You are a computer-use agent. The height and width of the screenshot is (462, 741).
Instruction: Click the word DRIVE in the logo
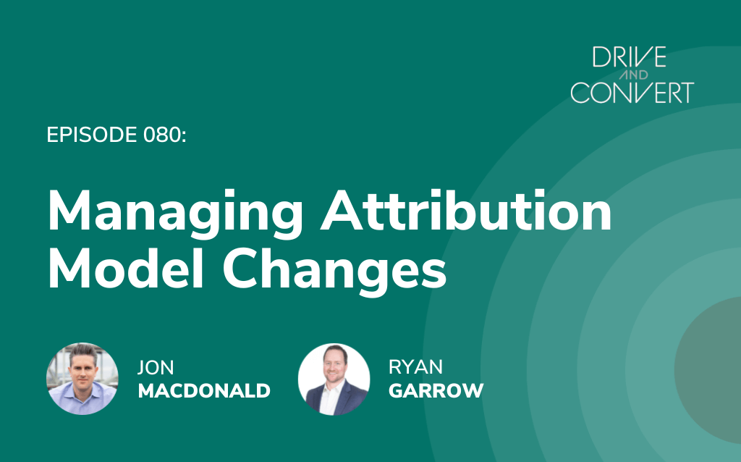[x=629, y=57]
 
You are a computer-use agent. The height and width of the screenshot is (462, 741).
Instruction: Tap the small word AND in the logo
[x=632, y=75]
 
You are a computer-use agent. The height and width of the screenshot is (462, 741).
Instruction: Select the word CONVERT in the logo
[x=632, y=93]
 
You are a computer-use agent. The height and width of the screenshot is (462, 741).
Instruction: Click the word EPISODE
[x=92, y=135]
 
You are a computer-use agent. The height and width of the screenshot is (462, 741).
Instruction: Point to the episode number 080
[x=161, y=135]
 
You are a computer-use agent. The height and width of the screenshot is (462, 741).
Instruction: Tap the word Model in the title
[x=126, y=266]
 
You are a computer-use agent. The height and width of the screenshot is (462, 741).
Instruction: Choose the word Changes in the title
[x=334, y=271]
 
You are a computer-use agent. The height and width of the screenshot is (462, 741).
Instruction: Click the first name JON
[x=156, y=367]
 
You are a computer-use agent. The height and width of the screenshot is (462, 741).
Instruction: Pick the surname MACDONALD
[x=204, y=390]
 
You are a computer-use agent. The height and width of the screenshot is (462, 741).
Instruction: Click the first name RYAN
[x=416, y=366]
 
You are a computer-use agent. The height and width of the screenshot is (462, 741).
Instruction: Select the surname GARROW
[x=436, y=390]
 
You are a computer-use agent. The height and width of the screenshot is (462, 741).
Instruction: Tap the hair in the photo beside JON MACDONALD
[x=84, y=351]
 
